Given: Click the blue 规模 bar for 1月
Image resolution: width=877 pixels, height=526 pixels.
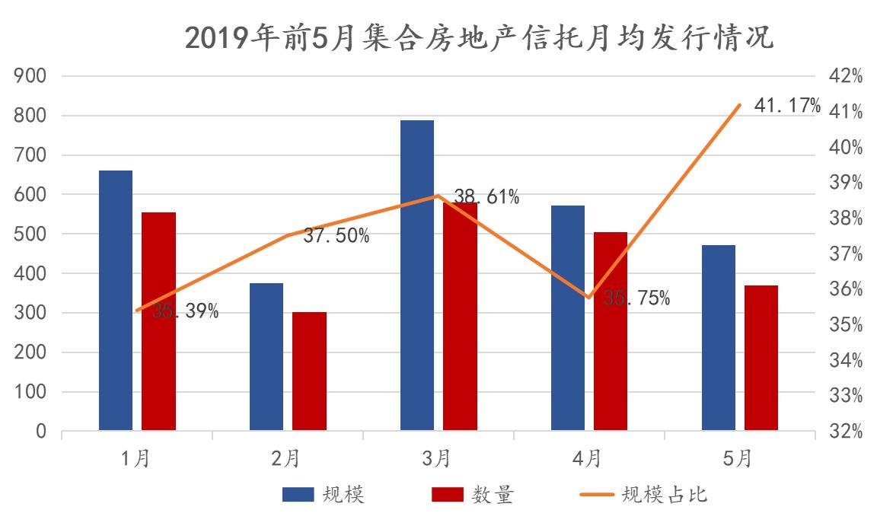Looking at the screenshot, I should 116,301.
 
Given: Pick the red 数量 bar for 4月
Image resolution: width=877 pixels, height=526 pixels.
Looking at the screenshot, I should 611,331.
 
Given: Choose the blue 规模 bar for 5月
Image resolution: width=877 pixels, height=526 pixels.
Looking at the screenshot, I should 719,338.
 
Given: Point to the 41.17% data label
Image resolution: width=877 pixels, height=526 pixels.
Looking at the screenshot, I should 787,106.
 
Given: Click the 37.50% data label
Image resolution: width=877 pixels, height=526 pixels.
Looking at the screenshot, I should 336,236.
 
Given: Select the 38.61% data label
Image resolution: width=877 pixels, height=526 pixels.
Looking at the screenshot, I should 486,198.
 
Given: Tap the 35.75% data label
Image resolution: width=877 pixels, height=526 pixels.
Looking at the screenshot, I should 637,298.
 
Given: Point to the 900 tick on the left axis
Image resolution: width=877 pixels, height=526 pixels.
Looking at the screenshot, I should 31,76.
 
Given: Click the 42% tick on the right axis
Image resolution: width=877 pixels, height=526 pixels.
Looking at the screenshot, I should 846,76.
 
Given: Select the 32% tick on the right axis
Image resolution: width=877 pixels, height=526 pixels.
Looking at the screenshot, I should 846,432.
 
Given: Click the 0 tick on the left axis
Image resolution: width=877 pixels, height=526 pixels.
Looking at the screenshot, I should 41,432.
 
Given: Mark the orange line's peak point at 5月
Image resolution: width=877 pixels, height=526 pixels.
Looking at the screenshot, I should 739,105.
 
